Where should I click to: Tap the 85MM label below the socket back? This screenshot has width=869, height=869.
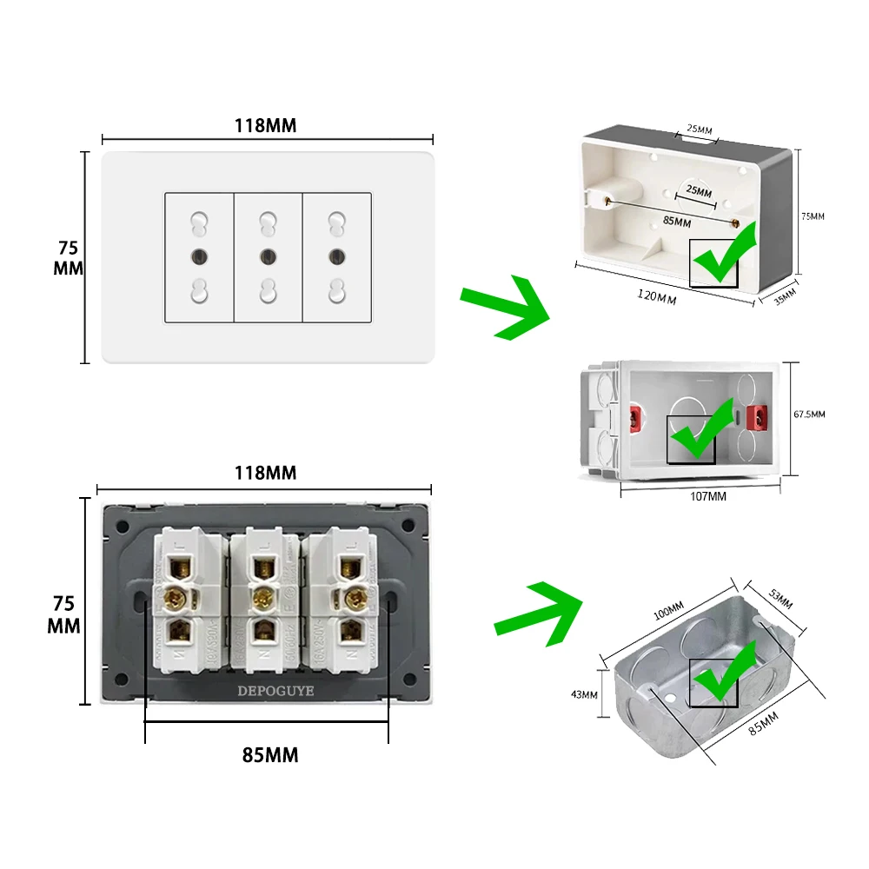pos(269,755)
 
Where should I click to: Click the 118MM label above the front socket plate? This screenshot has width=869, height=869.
pos(265,126)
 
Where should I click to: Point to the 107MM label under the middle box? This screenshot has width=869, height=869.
pos(707,496)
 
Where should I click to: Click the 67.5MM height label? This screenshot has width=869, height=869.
pos(810,415)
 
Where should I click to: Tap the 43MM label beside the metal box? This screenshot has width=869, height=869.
pos(585,694)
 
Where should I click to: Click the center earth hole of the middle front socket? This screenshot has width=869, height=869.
pos(268,256)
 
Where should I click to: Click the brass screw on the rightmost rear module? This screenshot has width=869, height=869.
pos(354,599)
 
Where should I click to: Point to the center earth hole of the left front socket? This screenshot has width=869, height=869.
pos(199,256)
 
